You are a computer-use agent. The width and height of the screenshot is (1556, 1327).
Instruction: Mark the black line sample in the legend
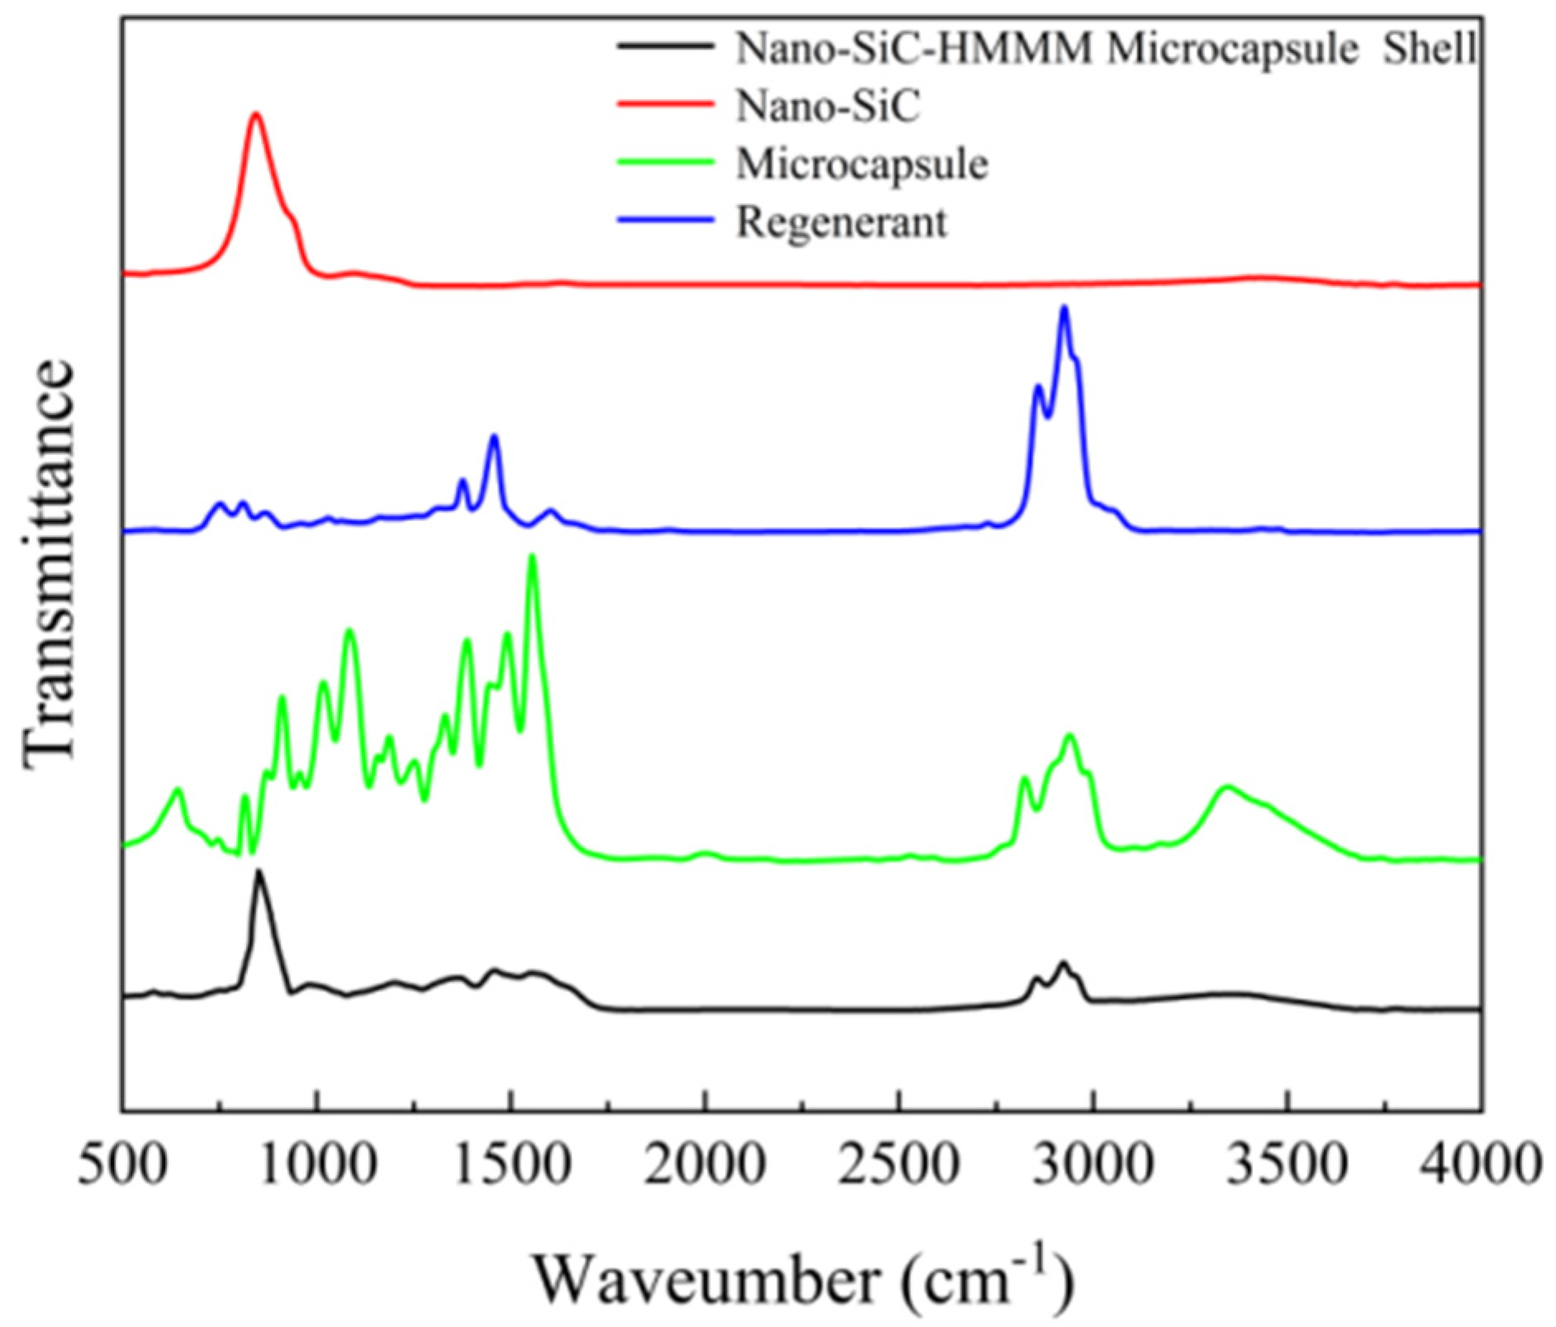tap(665, 47)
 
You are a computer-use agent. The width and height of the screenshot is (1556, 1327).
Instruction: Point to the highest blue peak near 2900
tap(1064, 308)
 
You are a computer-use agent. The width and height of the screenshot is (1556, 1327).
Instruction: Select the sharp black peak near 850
tap(259, 871)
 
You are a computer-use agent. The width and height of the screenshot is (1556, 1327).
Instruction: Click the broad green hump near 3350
tap(1226, 787)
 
